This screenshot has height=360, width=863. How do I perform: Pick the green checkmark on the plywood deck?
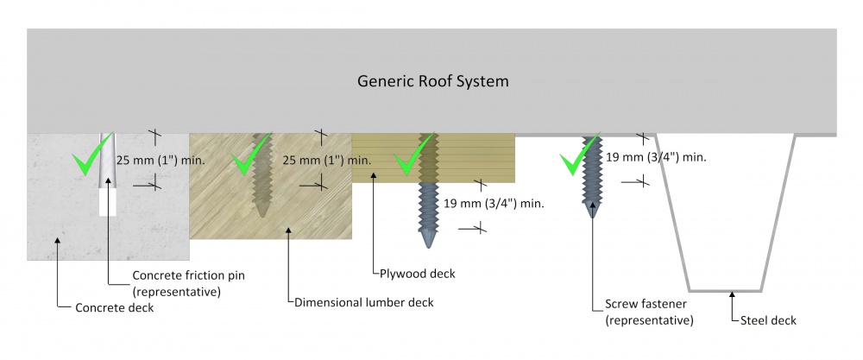411,161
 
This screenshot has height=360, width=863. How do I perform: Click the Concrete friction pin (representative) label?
178,282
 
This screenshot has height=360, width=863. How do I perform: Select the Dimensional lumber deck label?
363,302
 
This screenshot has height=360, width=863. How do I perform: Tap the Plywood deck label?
418,274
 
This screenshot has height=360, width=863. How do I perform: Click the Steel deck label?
769,320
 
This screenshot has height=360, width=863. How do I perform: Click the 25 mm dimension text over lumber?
327,160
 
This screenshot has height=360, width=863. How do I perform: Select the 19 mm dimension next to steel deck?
657,157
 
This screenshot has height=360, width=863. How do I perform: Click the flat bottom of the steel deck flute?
725,289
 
